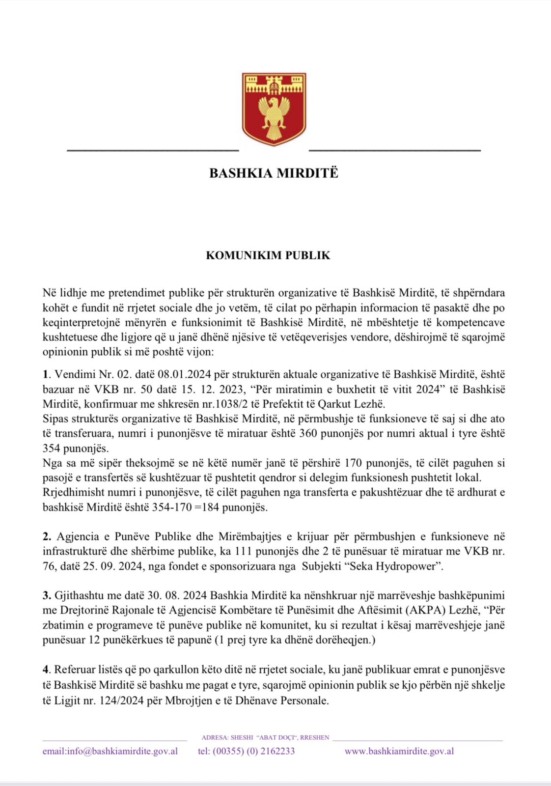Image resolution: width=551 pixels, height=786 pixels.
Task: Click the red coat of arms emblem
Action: [274, 109]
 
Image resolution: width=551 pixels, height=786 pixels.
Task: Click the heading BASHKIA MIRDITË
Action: [274, 173]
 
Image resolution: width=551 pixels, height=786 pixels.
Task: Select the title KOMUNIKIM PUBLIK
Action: [268, 255]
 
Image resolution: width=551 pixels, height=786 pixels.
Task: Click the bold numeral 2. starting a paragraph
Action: [47, 536]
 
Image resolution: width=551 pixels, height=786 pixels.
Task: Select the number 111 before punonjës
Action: [244, 551]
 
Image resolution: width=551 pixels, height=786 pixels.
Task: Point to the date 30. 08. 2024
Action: [177, 595]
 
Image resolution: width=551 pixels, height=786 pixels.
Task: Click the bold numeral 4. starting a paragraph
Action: [47, 670]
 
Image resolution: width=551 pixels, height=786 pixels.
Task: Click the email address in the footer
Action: [110, 751]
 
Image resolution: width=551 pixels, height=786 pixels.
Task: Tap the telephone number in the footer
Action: [246, 751]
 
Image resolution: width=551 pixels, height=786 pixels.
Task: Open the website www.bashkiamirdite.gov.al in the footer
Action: [399, 751]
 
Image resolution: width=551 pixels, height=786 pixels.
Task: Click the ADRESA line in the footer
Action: [265, 737]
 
